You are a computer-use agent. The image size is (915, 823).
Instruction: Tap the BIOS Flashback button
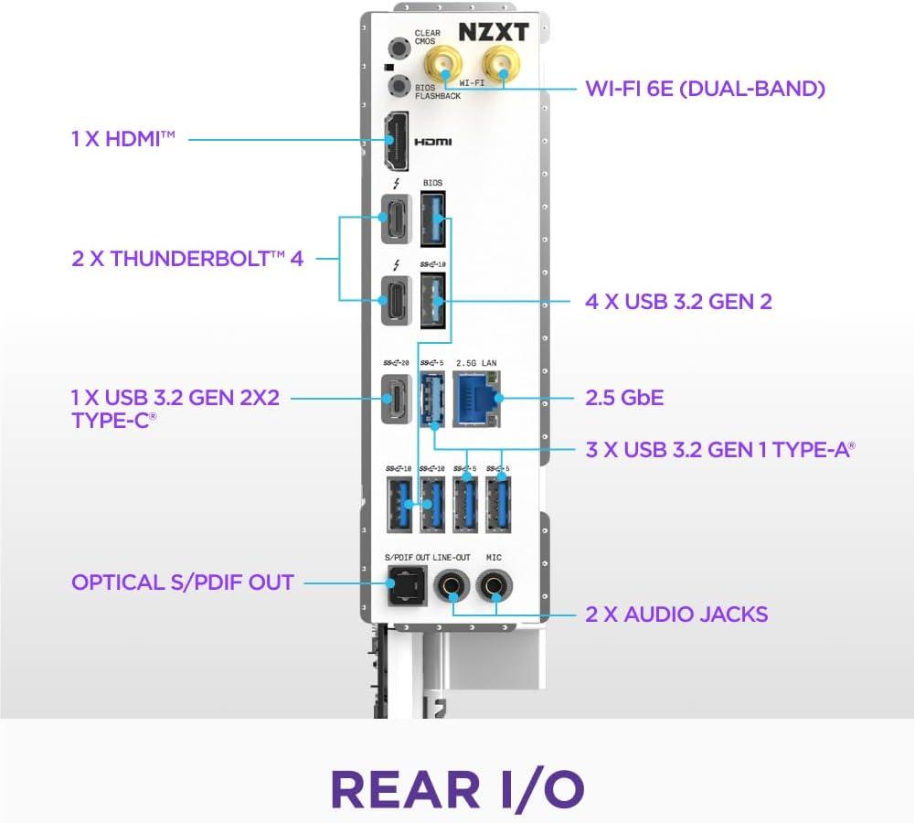tap(398, 87)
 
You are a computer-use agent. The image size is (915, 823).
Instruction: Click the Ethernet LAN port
tap(476, 398)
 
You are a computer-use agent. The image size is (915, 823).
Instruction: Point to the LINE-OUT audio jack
tap(451, 584)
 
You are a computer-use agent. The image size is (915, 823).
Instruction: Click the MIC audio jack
tap(495, 584)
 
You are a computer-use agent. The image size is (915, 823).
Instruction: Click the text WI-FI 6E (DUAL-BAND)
tap(705, 89)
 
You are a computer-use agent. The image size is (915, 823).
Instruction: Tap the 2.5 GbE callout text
tap(624, 399)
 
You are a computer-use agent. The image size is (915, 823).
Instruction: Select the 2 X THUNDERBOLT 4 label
tap(187, 258)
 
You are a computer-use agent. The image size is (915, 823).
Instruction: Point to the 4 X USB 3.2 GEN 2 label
tap(678, 301)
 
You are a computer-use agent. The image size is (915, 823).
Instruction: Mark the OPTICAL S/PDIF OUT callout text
tap(183, 583)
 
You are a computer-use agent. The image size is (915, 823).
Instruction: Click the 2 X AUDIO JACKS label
tap(676, 614)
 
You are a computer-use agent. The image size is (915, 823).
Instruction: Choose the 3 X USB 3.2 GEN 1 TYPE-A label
tap(720, 449)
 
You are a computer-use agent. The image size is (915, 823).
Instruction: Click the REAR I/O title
tap(457, 787)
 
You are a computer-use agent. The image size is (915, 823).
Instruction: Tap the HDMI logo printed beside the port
tap(434, 143)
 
